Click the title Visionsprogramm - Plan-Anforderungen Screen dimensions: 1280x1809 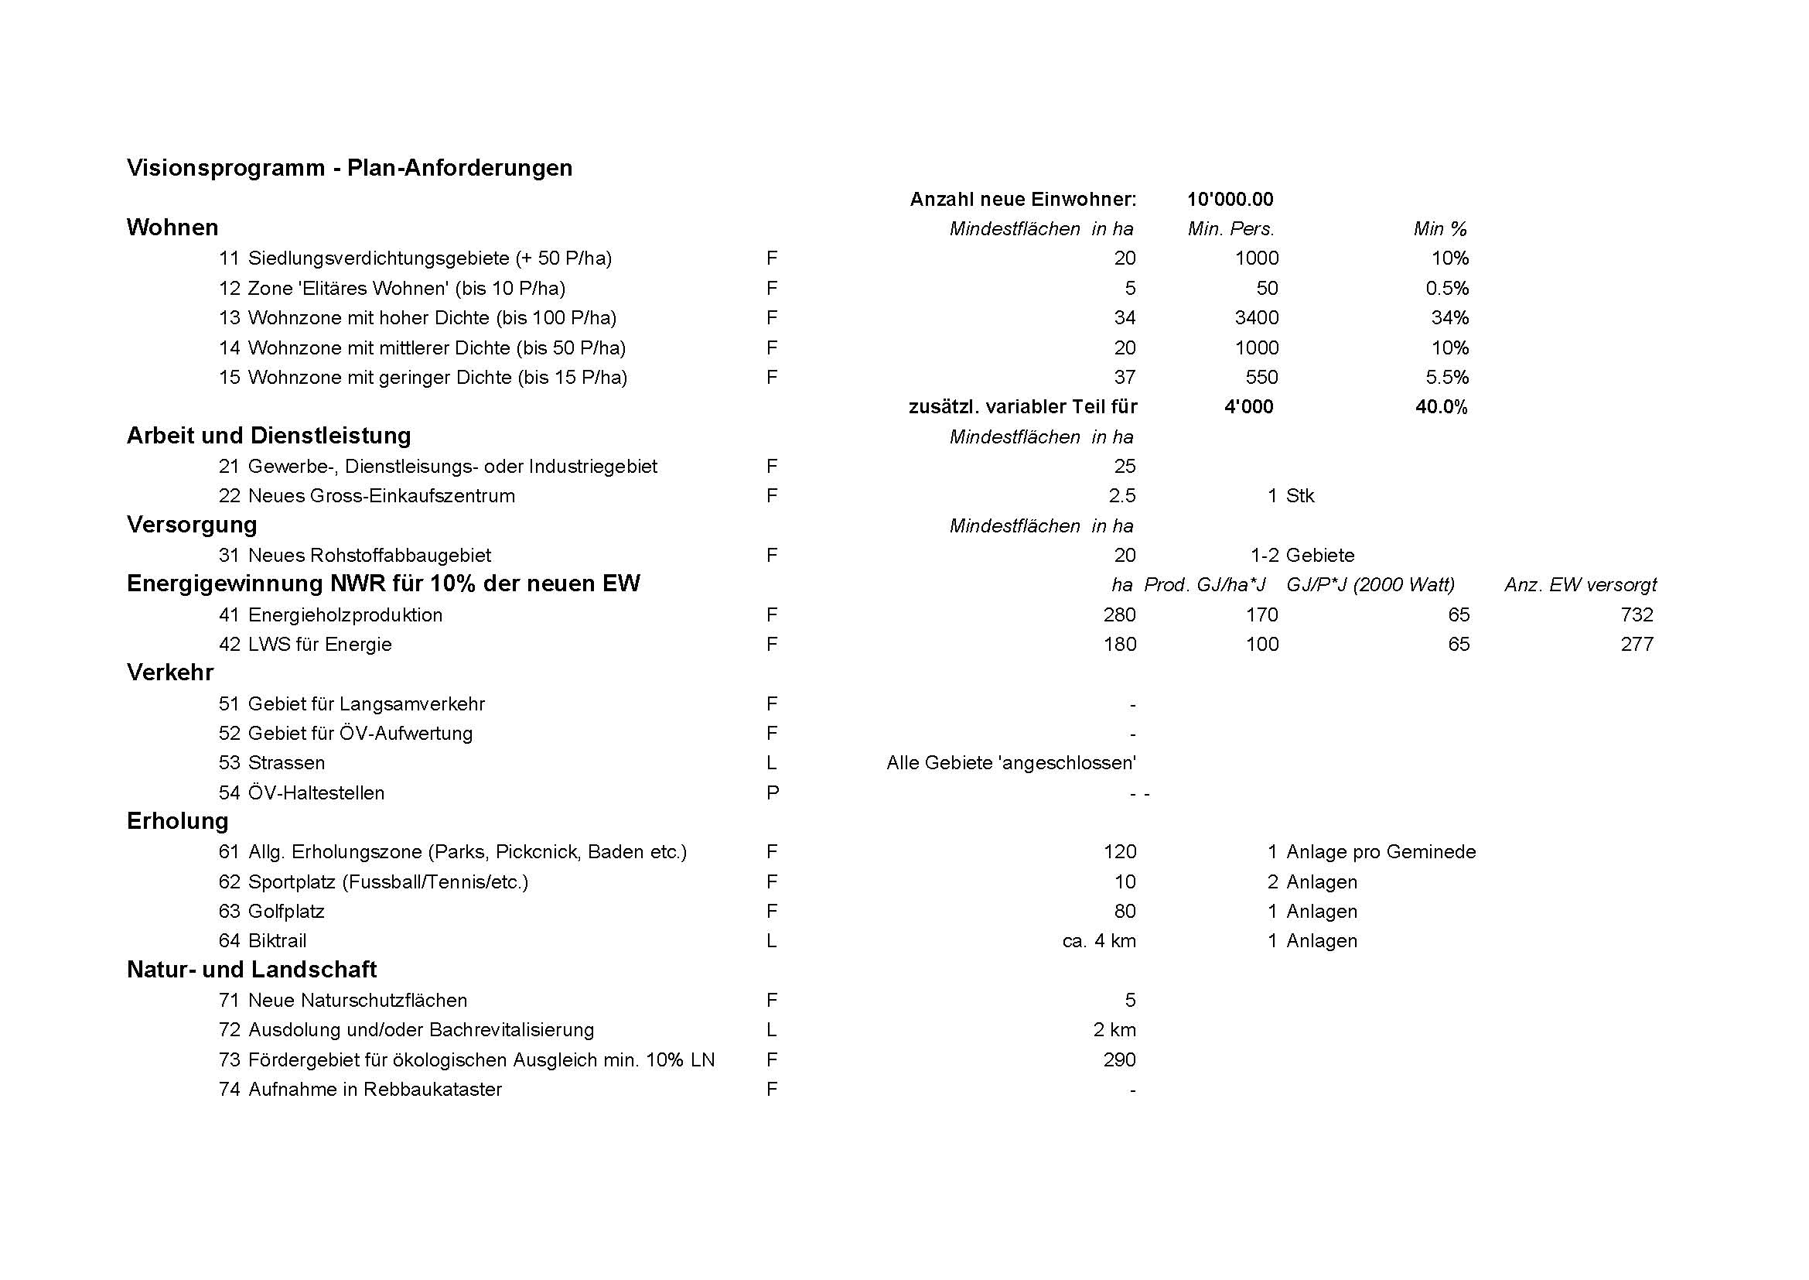pyautogui.click(x=349, y=168)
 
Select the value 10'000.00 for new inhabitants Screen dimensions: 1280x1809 pyautogui.click(x=1230, y=200)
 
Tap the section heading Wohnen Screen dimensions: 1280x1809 pyautogui.click(x=172, y=228)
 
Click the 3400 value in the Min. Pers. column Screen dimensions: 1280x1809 pyautogui.click(x=1256, y=317)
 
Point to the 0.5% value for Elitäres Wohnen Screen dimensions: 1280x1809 pyautogui.click(x=1446, y=289)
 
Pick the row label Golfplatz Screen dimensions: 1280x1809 pyautogui.click(x=286, y=912)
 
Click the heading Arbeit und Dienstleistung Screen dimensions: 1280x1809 pyautogui.click(x=268, y=436)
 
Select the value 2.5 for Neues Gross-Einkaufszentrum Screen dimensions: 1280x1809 pyautogui.click(x=1122, y=496)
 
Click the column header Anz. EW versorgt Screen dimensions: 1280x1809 pyautogui.click(x=1581, y=585)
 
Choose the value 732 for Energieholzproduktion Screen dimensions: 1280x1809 pyautogui.click(x=1637, y=614)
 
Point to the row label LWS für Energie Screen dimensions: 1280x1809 pyautogui.click(x=319, y=645)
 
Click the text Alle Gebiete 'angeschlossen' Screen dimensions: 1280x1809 pyautogui.click(x=1011, y=763)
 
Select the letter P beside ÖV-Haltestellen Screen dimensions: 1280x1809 pyautogui.click(x=772, y=793)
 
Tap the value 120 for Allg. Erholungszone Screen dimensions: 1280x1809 pyautogui.click(x=1120, y=852)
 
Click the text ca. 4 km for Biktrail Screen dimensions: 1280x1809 pyautogui.click(x=1098, y=941)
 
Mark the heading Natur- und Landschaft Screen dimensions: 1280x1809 pyautogui.click(x=251, y=970)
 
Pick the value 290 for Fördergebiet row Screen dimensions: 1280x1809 pyautogui.click(x=1120, y=1060)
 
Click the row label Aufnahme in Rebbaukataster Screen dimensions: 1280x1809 pyautogui.click(x=374, y=1090)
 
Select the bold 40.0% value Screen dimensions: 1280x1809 pyautogui.click(x=1441, y=408)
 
